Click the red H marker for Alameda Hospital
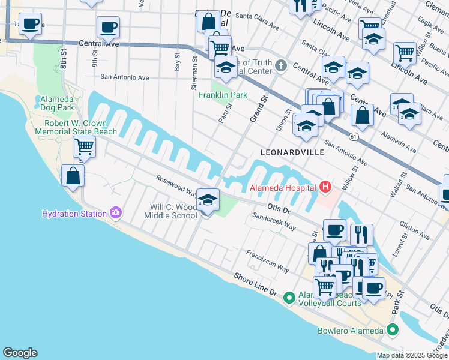click(x=325, y=187)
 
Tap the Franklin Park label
click(x=223, y=95)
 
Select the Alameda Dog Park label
click(x=57, y=103)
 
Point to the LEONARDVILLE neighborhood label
click(x=292, y=152)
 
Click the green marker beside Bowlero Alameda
click(x=393, y=330)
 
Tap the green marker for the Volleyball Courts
click(x=289, y=297)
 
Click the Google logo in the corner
click(x=20, y=353)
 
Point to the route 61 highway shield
click(x=355, y=138)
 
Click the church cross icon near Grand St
click(x=280, y=65)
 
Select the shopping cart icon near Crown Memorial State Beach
click(x=84, y=146)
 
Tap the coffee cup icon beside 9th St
click(x=108, y=27)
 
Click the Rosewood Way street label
click(x=176, y=185)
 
